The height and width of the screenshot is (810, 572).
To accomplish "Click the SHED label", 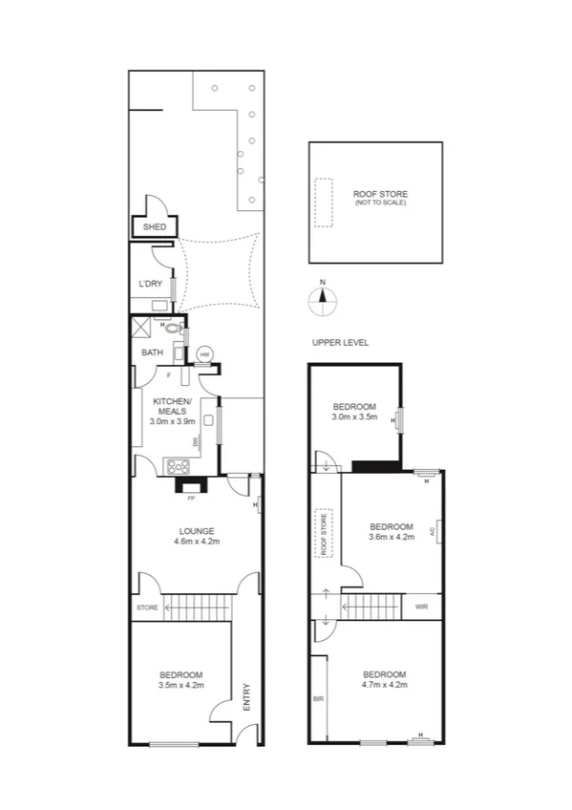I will (154, 227).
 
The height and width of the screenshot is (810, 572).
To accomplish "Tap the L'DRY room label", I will (150, 284).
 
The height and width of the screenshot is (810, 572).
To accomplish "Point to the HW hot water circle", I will (204, 354).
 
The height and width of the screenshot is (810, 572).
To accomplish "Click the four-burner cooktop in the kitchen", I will (178, 467).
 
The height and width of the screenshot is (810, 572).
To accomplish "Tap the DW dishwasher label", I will (196, 441).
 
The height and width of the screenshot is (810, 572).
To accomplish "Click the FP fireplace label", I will (191, 498).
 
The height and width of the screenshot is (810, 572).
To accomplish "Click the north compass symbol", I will (323, 298).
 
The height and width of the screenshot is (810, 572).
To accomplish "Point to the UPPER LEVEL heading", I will (339, 342).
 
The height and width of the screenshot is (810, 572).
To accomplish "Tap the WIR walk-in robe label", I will (421, 607).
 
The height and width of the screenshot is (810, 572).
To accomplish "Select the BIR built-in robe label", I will (317, 699).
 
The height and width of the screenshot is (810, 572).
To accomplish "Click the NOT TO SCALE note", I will (373, 204).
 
